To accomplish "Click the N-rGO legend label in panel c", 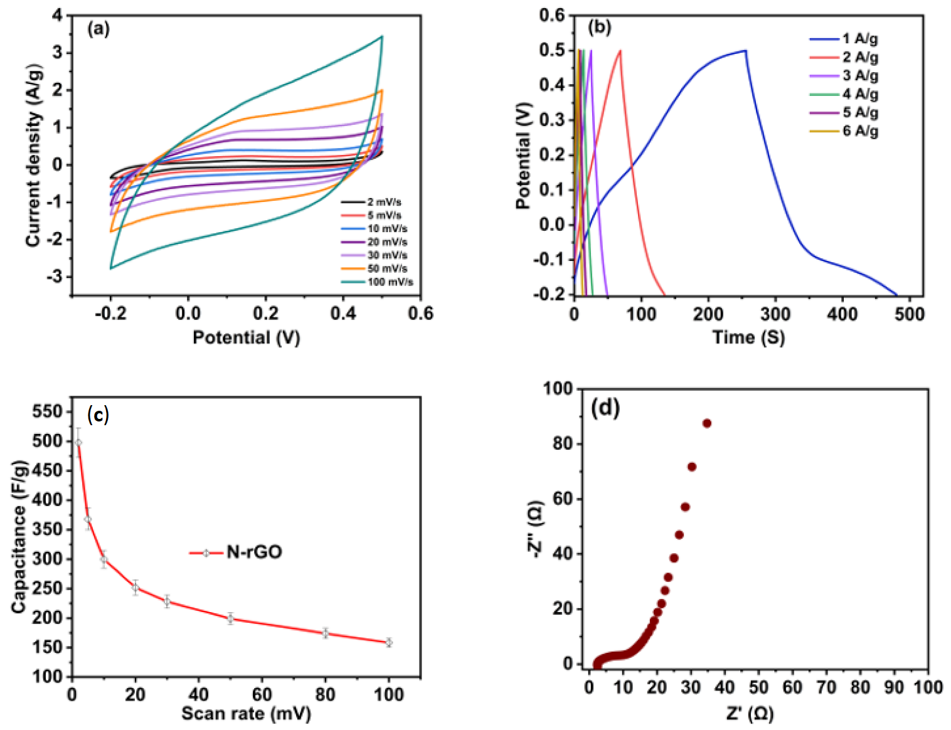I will pos(253,553).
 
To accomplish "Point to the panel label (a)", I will pos(98,29).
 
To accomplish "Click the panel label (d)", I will pos(605,408).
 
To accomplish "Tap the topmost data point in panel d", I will pos(707,423).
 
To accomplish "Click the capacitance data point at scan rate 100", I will pos(389,642).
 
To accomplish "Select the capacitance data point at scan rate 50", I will pos(231,619).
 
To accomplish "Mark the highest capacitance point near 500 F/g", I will pos(78,442).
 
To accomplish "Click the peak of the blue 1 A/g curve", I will pos(745,50).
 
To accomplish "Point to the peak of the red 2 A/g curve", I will pos(620,51).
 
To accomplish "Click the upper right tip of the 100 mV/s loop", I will pos(381,36).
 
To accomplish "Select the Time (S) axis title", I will pos(748,337).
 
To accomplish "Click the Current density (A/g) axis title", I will pos(34,155).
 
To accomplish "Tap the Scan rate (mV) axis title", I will pos(246,714).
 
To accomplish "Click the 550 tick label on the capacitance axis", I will pos(48,412).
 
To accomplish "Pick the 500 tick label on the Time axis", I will pos(910,314).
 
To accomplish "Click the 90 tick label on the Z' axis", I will pos(894,688).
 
